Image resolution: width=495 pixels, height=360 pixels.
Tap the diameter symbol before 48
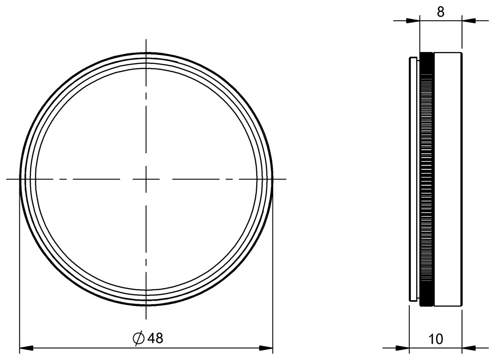click(139, 338)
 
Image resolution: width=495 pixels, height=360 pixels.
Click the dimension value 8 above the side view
click(441, 12)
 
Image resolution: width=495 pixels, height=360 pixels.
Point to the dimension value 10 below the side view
click(436, 339)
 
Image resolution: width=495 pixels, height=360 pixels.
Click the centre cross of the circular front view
click(146, 179)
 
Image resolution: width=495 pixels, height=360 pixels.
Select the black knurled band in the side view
click(427, 179)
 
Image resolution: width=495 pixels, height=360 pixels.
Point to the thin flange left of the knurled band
click(412, 179)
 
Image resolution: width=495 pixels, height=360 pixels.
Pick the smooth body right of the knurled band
click(448, 179)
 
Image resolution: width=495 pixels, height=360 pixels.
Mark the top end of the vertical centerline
click(146, 40)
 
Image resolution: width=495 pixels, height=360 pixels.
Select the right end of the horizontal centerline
click(285, 179)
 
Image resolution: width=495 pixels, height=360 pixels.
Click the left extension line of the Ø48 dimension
click(20, 268)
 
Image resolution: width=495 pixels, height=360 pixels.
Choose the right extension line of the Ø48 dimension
click(273, 268)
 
